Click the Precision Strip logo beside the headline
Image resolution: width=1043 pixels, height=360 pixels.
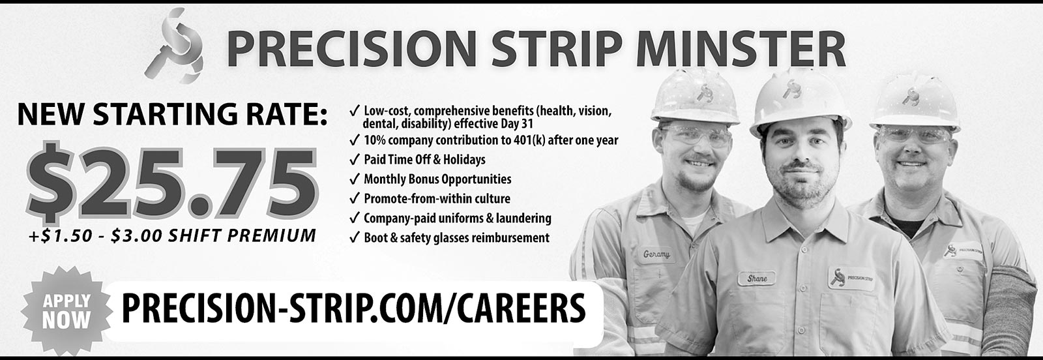pos(174,46)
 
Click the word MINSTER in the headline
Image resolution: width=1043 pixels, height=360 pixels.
pos(741,50)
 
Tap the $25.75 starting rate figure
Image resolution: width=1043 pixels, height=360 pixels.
pos(171,183)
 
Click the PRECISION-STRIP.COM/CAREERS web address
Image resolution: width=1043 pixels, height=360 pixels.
pos(353,308)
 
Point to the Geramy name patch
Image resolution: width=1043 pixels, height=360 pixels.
pos(656,254)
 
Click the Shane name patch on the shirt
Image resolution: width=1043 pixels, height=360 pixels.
pos(757,278)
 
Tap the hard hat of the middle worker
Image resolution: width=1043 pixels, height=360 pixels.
pos(800,102)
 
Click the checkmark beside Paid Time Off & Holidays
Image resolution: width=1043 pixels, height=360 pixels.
pos(355,160)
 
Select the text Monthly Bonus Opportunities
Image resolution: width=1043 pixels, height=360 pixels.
pos(437,179)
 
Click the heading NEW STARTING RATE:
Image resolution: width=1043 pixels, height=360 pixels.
pos(173,114)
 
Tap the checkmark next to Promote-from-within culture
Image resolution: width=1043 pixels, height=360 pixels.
pos(355,199)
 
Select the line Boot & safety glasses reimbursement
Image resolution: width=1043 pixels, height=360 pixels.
pos(457,238)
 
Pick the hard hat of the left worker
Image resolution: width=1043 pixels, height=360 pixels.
pos(696,96)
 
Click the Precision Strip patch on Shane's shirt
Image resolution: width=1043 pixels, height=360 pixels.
pos(851,278)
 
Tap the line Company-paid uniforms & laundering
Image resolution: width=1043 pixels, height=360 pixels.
pos(458,218)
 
